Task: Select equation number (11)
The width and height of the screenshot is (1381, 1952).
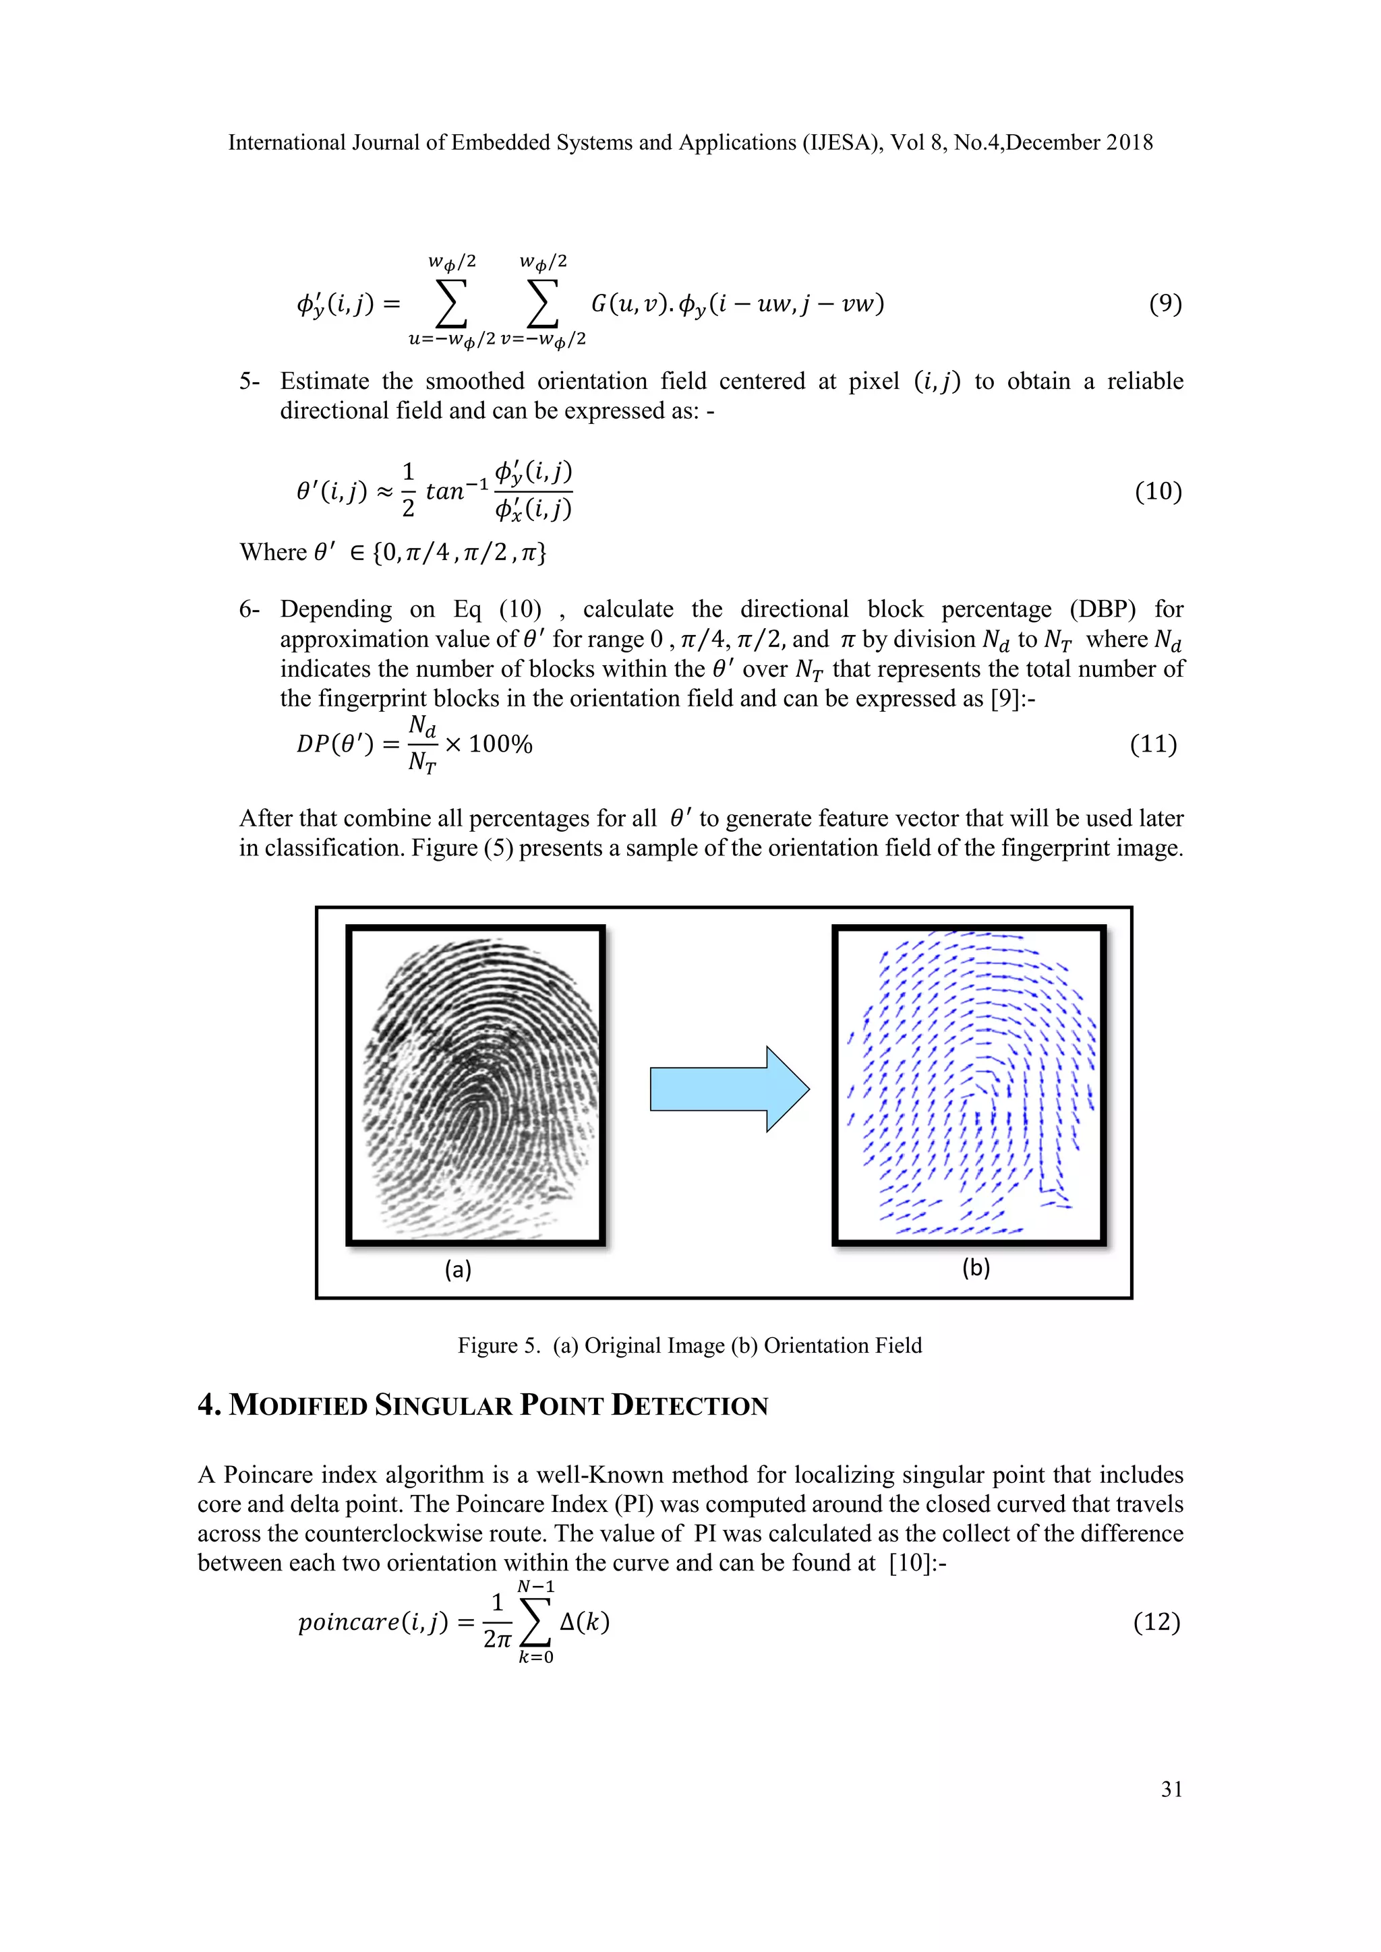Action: pyautogui.click(x=1153, y=744)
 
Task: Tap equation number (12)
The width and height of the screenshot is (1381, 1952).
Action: pyautogui.click(x=1156, y=1622)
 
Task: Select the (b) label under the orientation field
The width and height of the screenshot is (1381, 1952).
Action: pyautogui.click(x=975, y=1268)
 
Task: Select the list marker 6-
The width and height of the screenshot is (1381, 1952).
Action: pyautogui.click(x=249, y=609)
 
